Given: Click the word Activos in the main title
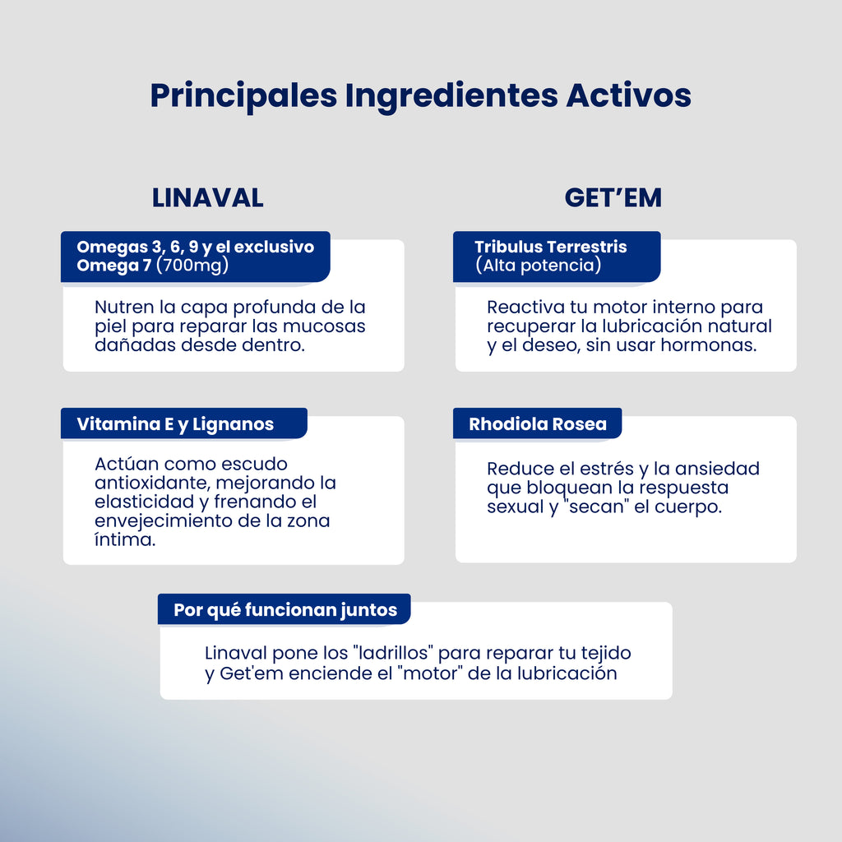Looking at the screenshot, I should (628, 95).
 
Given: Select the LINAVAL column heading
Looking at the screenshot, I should (207, 198).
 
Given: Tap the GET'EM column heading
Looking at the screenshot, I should (613, 198).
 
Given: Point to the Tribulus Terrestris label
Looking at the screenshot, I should (550, 247).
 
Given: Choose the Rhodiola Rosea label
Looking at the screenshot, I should (537, 424).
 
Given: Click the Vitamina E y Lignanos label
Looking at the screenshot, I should (175, 424).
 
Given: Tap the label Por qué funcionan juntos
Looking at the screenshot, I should (285, 610).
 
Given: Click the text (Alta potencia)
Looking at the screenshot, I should (538, 266).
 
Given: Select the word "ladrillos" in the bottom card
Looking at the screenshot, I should (394, 654).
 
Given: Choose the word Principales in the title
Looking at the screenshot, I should (243, 95).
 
